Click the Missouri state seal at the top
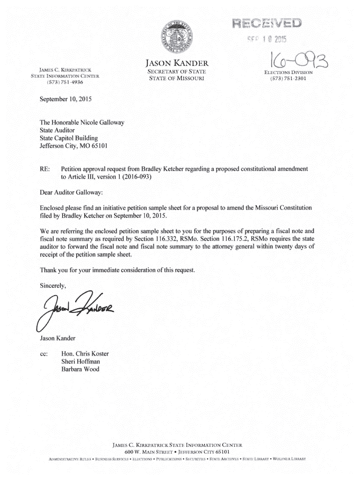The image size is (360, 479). click(x=180, y=36)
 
